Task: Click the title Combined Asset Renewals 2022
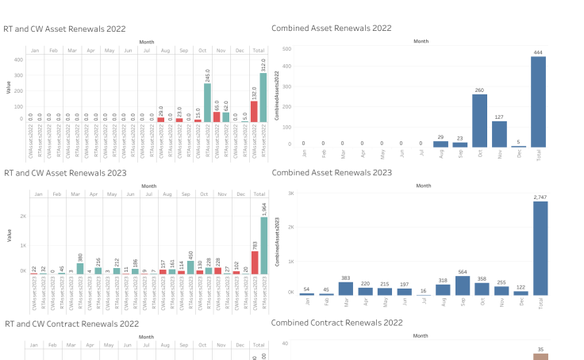[x=331, y=28]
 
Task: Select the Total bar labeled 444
[x=539, y=101]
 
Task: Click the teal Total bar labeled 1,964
[x=263, y=247]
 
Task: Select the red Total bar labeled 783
[x=254, y=264]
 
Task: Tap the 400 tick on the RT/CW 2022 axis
[x=17, y=59]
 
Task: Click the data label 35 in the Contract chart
[x=540, y=349]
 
